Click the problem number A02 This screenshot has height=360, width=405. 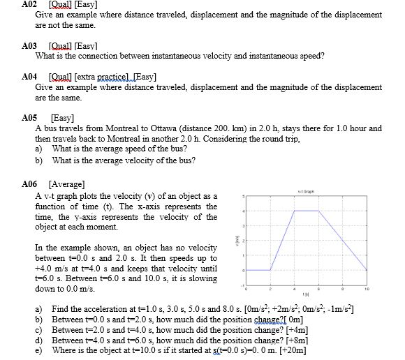coord(31,5)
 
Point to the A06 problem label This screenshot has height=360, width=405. coord(31,184)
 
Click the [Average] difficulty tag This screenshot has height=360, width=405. coord(66,184)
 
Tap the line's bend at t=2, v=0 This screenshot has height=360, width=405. coord(269,269)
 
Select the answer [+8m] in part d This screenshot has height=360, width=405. coord(314,339)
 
